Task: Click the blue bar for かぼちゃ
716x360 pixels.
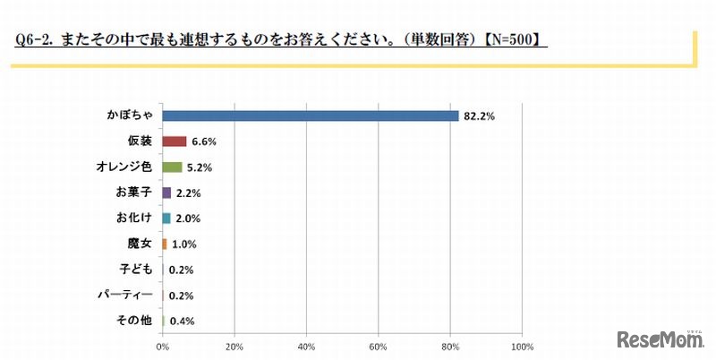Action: tap(310, 116)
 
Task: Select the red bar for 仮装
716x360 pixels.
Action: tap(175, 141)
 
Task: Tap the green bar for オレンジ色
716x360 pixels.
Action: tap(172, 167)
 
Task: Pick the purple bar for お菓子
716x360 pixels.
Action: tap(166, 193)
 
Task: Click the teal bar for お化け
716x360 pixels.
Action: tap(166, 218)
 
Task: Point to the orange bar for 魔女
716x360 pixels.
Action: tap(165, 244)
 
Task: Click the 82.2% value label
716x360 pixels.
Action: tap(479, 116)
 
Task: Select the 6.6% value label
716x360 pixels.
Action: tap(203, 141)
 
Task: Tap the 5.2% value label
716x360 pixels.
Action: tap(199, 167)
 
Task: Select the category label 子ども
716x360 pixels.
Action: tap(138, 269)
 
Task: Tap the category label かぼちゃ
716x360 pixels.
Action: tap(132, 116)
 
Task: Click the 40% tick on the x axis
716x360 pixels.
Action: tap(306, 345)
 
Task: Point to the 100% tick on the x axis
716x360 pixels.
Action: tap(521, 345)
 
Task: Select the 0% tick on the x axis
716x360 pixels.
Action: tap(163, 345)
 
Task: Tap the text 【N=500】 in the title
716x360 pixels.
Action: tap(514, 40)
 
